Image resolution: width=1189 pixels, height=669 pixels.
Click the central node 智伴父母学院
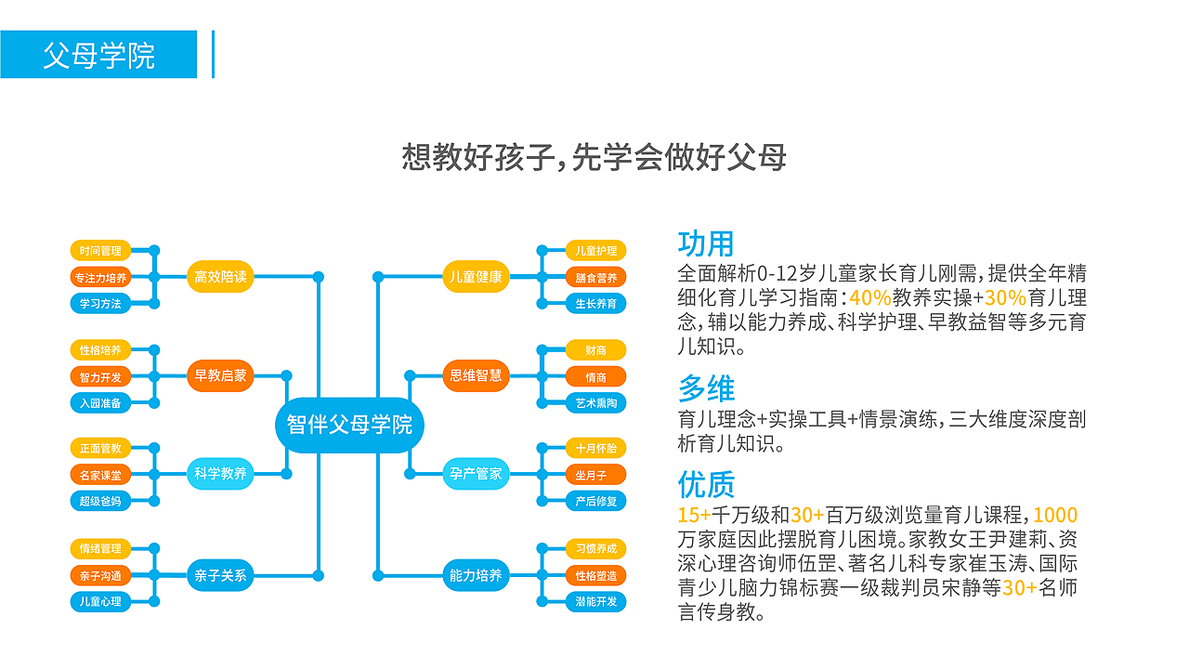pyautogui.click(x=349, y=426)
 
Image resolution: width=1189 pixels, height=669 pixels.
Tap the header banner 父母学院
pyautogui.click(x=98, y=55)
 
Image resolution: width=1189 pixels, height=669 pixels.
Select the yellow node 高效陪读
pyautogui.click(x=220, y=276)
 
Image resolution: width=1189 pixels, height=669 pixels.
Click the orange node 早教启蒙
pyautogui.click(x=220, y=375)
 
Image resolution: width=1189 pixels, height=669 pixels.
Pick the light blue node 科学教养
pyautogui.click(x=220, y=474)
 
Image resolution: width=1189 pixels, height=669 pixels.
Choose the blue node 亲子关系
pyautogui.click(x=220, y=575)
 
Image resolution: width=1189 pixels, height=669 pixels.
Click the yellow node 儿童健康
pyautogui.click(x=476, y=276)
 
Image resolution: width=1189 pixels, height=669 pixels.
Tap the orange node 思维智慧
pyautogui.click(x=476, y=375)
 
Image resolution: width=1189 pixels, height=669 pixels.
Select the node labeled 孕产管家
pyautogui.click(x=476, y=474)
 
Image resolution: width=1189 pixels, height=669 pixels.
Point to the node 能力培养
pyautogui.click(x=476, y=575)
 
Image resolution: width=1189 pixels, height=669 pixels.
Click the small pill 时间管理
pyautogui.click(x=100, y=251)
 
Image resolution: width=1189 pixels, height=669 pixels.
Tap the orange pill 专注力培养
pyautogui.click(x=100, y=277)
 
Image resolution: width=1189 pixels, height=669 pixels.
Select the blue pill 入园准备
pyautogui.click(x=100, y=402)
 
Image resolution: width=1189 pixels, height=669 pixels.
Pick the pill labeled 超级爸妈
pyautogui.click(x=100, y=501)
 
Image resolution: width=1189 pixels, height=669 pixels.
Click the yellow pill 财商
pyautogui.click(x=595, y=350)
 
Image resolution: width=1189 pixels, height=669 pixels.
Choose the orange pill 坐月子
pyautogui.click(x=595, y=475)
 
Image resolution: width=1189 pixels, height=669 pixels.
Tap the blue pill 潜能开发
pyautogui.click(x=595, y=601)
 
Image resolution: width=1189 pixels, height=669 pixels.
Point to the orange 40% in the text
pyautogui.click(x=869, y=298)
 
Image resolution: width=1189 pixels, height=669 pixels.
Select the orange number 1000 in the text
pyautogui.click(x=1055, y=516)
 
